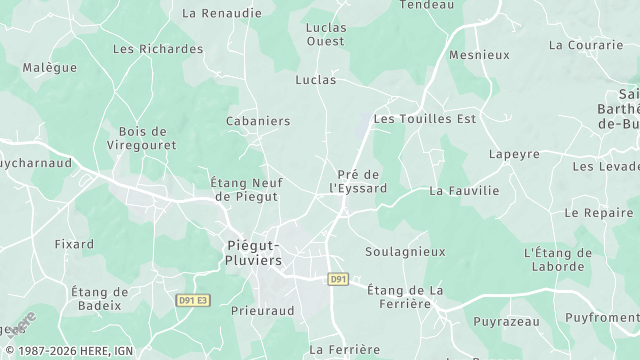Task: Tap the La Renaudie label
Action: tap(222, 14)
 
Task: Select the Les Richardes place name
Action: tap(158, 48)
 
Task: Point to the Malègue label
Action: tap(50, 67)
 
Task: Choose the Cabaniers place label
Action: tap(258, 121)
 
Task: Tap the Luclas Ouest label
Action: tap(325, 34)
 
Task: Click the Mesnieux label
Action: tap(480, 55)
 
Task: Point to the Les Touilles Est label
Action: tap(425, 118)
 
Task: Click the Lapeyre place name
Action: tap(514, 154)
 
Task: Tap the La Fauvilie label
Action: tap(463, 190)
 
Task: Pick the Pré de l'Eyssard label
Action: tap(358, 181)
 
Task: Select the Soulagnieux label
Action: tap(405, 252)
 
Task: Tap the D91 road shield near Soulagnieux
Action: tap(338, 279)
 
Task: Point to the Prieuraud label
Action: tap(262, 311)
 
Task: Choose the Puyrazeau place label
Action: tap(506, 322)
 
